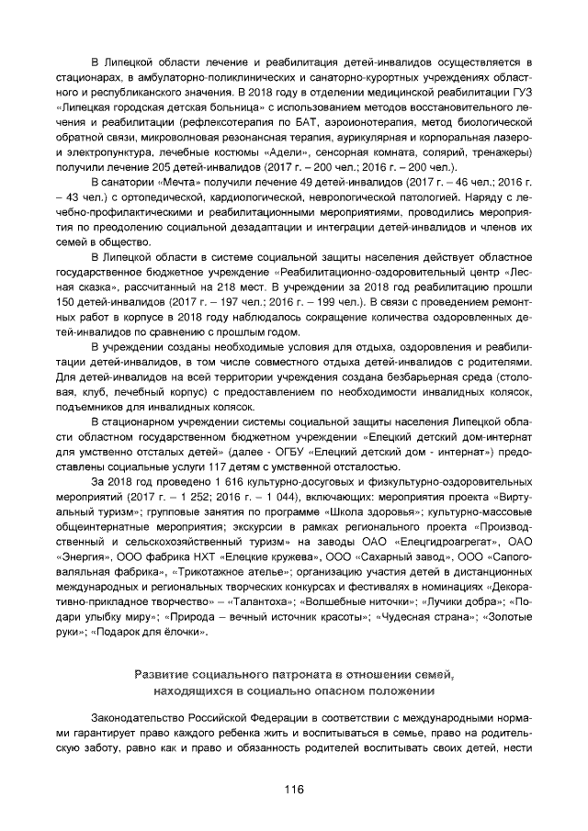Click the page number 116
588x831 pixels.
(294, 789)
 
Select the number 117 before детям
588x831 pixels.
(286, 467)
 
